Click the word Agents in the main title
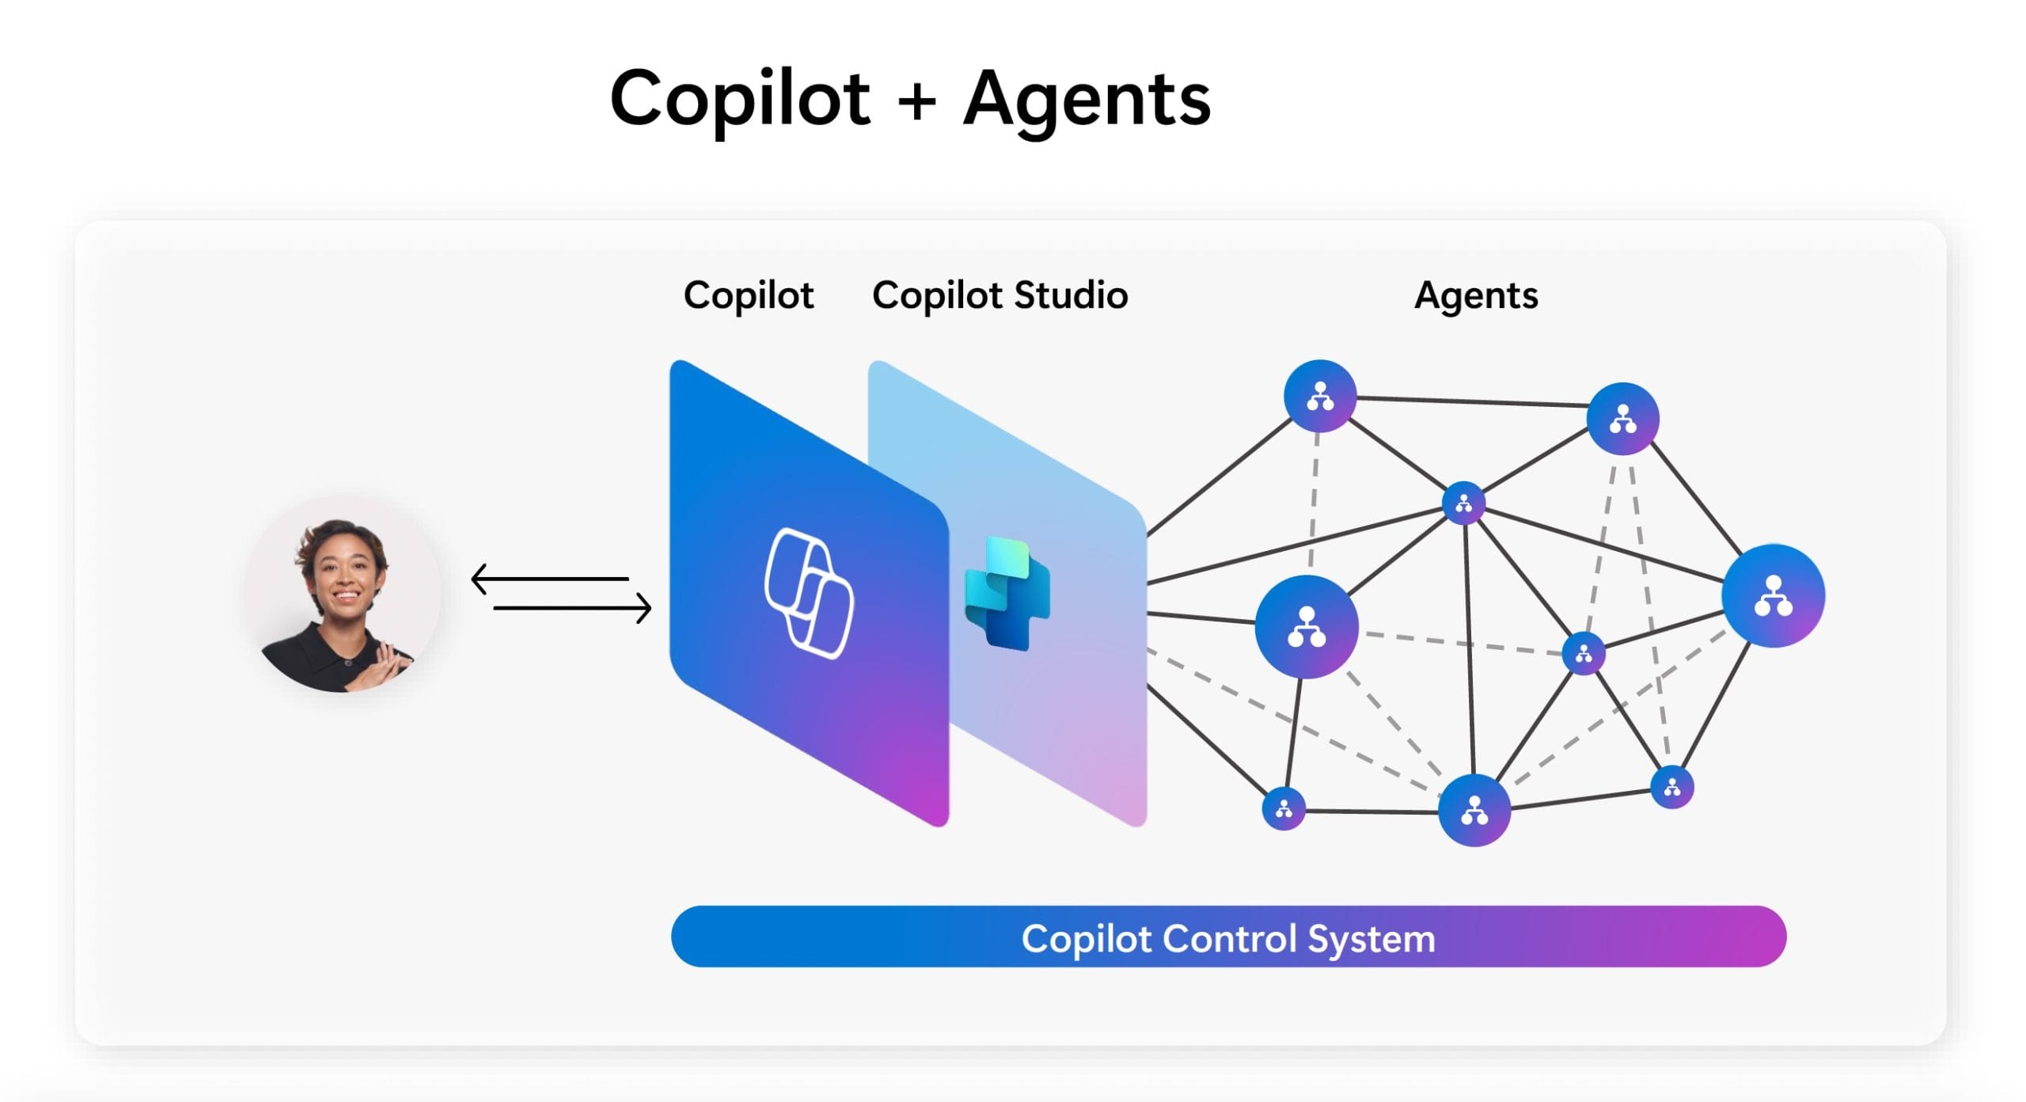pos(1087,100)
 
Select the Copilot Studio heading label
pos(1000,295)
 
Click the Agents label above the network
pos(1476,295)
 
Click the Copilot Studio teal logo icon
pos(1007,593)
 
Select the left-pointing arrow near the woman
pos(550,579)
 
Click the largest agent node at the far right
pos(1773,595)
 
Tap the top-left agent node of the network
pos(1319,396)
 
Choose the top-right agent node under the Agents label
pos(1622,418)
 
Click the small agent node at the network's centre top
pos(1463,503)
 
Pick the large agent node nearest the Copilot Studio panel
pos(1306,626)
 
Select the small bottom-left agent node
pos(1284,808)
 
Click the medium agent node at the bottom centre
pos(1474,810)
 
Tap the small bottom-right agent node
pos(1671,787)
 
